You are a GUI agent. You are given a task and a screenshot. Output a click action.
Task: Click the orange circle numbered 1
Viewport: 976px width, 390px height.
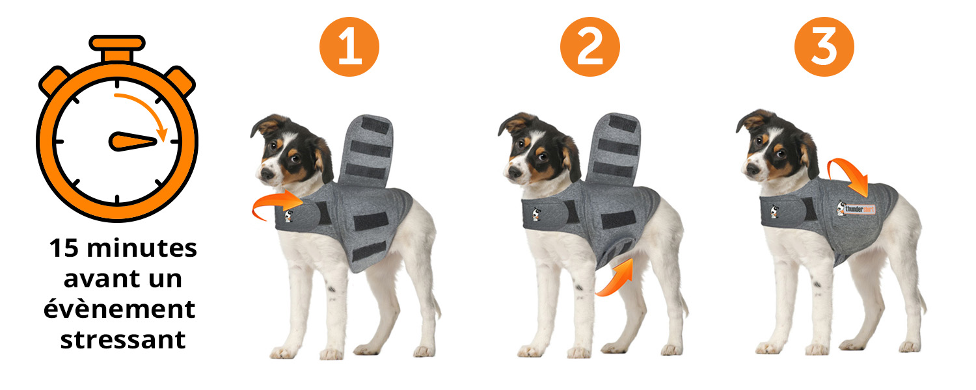click(x=349, y=47)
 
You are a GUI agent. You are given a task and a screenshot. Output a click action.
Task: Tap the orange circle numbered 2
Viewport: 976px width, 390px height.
click(x=590, y=47)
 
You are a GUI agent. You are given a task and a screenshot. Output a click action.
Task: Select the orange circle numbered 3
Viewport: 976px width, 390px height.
click(x=824, y=47)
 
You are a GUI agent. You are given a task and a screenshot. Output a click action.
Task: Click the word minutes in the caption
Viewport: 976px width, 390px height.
click(x=142, y=248)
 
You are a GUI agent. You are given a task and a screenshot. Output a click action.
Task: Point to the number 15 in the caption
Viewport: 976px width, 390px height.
click(x=64, y=248)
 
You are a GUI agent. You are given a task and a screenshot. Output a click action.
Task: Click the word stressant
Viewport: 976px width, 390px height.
click(x=123, y=340)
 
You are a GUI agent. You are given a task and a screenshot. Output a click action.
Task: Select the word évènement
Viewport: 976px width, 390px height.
click(x=119, y=309)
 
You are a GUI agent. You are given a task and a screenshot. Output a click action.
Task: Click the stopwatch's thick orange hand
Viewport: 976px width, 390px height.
click(x=133, y=142)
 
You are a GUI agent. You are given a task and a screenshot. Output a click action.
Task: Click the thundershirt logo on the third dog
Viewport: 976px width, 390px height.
click(x=856, y=209)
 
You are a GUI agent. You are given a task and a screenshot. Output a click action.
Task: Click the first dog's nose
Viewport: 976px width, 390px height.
click(x=266, y=174)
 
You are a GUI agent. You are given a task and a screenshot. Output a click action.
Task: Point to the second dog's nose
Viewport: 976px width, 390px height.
click(x=515, y=172)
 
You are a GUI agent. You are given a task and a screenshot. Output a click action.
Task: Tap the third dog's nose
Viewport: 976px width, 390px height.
click(x=753, y=169)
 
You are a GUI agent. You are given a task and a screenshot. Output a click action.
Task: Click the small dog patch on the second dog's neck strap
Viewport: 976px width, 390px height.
click(x=536, y=214)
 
